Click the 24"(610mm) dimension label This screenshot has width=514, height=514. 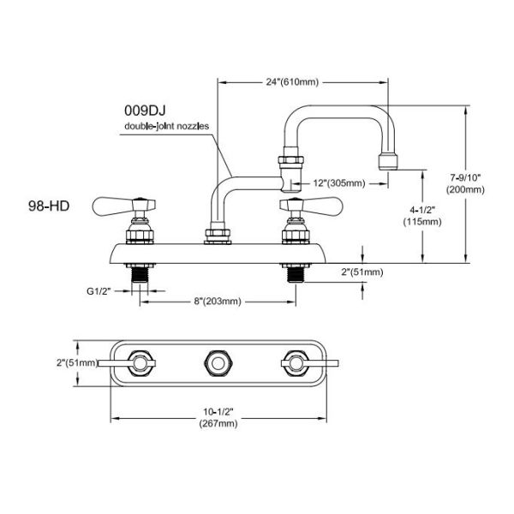(x=291, y=82)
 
